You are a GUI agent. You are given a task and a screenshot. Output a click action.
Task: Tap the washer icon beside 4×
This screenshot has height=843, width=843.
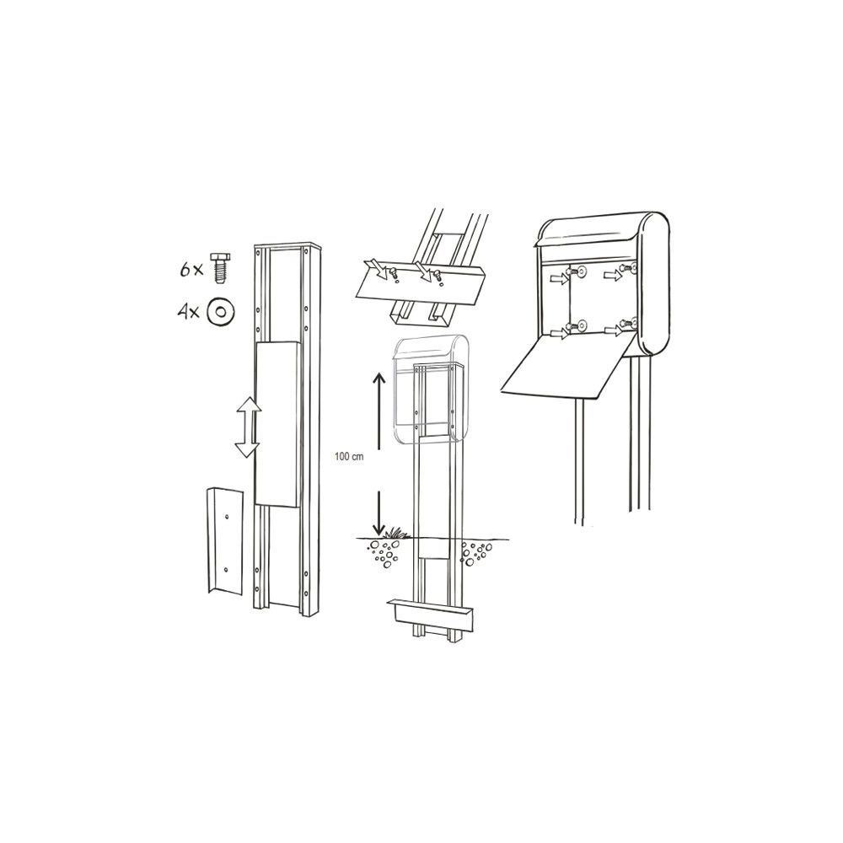click(219, 311)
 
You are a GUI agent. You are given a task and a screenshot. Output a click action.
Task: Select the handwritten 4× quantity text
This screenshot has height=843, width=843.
click(189, 311)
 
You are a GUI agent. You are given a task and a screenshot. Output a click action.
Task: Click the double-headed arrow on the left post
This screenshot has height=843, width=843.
click(248, 427)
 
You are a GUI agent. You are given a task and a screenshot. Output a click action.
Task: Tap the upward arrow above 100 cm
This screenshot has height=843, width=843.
click(379, 411)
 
